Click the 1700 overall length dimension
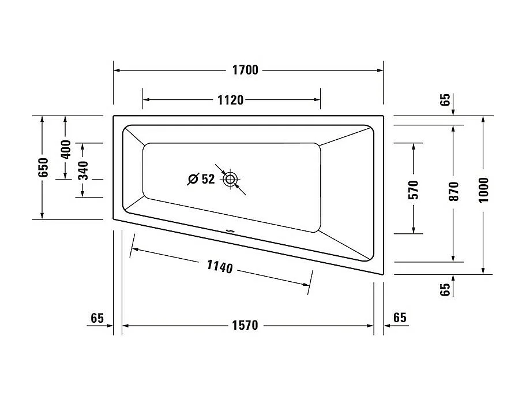pos(245,70)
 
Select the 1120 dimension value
pos(230,100)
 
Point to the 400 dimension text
pos(65,149)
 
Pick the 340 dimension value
pos(83,170)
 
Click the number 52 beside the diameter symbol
pos(208,180)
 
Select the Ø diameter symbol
pos(193,180)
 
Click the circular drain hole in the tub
pos(231,179)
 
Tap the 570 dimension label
pos(413,190)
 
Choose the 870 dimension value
pos(453,191)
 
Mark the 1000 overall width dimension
pos(483,189)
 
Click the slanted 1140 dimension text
pos(219,267)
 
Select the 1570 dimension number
pos(245,326)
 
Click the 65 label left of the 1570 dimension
pos(97,318)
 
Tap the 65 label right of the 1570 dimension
pos(399,318)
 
